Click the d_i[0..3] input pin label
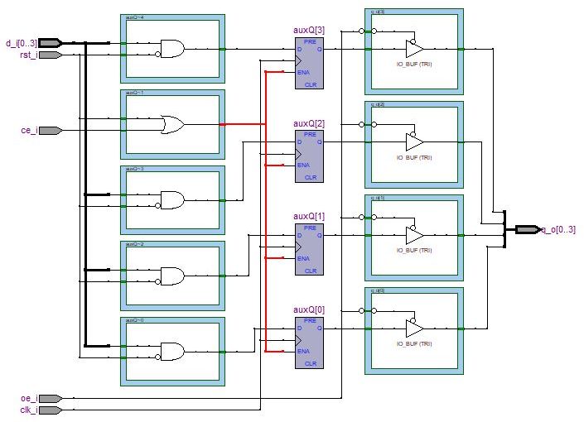pyautogui.click(x=20, y=42)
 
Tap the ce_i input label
pyautogui.click(x=28, y=130)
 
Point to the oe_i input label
pyautogui.click(x=28, y=398)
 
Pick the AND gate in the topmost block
pyautogui.click(x=172, y=50)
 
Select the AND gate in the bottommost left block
pyautogui.click(x=172, y=351)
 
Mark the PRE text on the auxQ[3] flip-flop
pyautogui.click(x=310, y=41)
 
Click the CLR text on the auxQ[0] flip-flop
pyautogui.click(x=310, y=363)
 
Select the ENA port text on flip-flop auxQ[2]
pyautogui.click(x=303, y=165)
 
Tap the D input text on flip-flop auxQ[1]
pyautogui.click(x=301, y=235)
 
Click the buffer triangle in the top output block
pyautogui.click(x=414, y=50)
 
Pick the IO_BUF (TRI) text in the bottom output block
pyautogui.click(x=414, y=343)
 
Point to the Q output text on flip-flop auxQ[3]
pyautogui.click(x=320, y=50)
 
